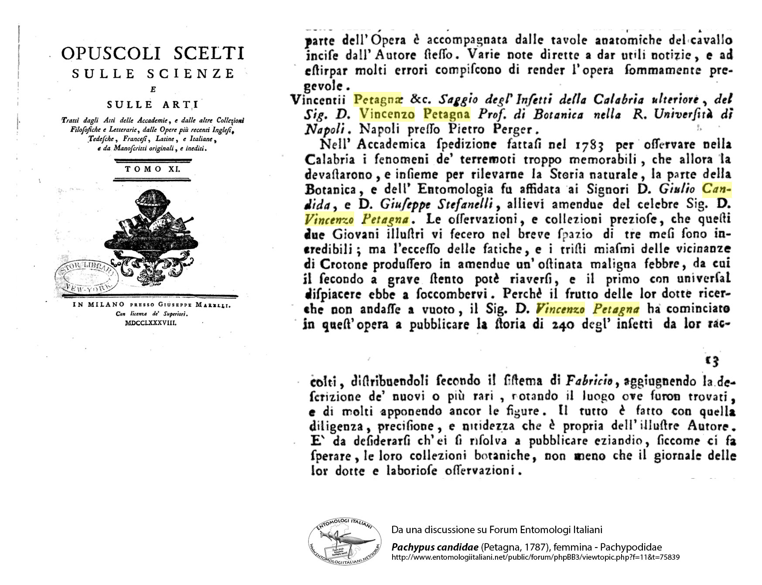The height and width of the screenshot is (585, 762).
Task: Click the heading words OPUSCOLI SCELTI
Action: (152, 54)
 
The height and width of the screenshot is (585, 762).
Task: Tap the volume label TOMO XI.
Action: (152, 169)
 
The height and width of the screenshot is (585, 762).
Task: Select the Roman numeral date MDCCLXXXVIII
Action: (150, 323)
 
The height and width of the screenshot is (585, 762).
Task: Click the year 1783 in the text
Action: (589, 145)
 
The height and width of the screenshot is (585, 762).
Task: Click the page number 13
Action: (711, 361)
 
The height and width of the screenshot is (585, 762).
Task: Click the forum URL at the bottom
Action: (535, 557)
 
